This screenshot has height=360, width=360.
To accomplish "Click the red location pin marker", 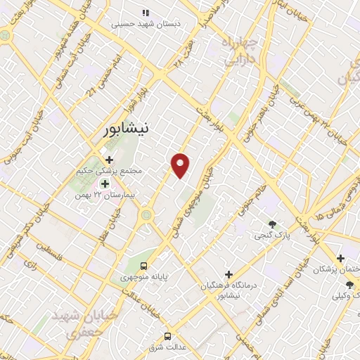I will coord(181,165).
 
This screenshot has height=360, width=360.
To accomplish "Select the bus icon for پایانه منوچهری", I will coord(143,266).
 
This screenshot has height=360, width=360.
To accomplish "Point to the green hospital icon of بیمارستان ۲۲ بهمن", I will coord(105,184).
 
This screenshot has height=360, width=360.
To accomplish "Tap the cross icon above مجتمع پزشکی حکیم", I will coord(109,160).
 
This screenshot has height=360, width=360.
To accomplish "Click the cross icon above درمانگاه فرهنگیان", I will coord(228,274).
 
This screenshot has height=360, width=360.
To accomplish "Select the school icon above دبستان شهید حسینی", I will coord(146,13).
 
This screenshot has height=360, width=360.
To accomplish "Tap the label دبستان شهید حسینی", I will coord(146,24).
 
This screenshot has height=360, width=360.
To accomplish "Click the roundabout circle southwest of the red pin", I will coord(146,215).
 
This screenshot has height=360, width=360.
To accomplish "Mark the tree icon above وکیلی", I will coord(349,285).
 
